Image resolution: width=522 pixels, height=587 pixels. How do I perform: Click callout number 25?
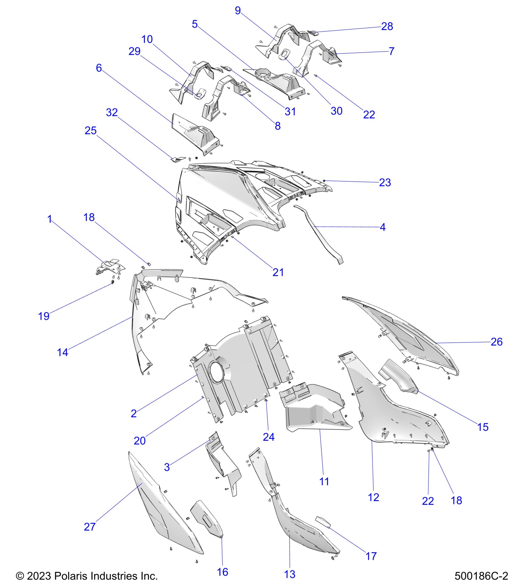[x=91, y=131]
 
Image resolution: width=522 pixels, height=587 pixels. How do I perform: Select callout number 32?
[x=112, y=113]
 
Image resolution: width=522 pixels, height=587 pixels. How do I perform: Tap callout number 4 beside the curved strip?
[x=383, y=227]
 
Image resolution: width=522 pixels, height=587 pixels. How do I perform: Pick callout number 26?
[x=497, y=342]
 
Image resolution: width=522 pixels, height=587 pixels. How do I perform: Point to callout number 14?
[x=63, y=352]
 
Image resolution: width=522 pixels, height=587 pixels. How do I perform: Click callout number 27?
[x=90, y=527]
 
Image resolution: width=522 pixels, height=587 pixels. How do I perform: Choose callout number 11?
[x=324, y=481]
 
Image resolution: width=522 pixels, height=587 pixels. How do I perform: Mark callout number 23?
[x=385, y=183]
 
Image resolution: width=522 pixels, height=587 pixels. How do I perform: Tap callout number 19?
[x=44, y=316]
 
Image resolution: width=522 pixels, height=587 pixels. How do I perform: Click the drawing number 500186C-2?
[x=481, y=576]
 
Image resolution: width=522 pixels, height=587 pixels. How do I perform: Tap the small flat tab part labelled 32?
[x=178, y=159]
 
